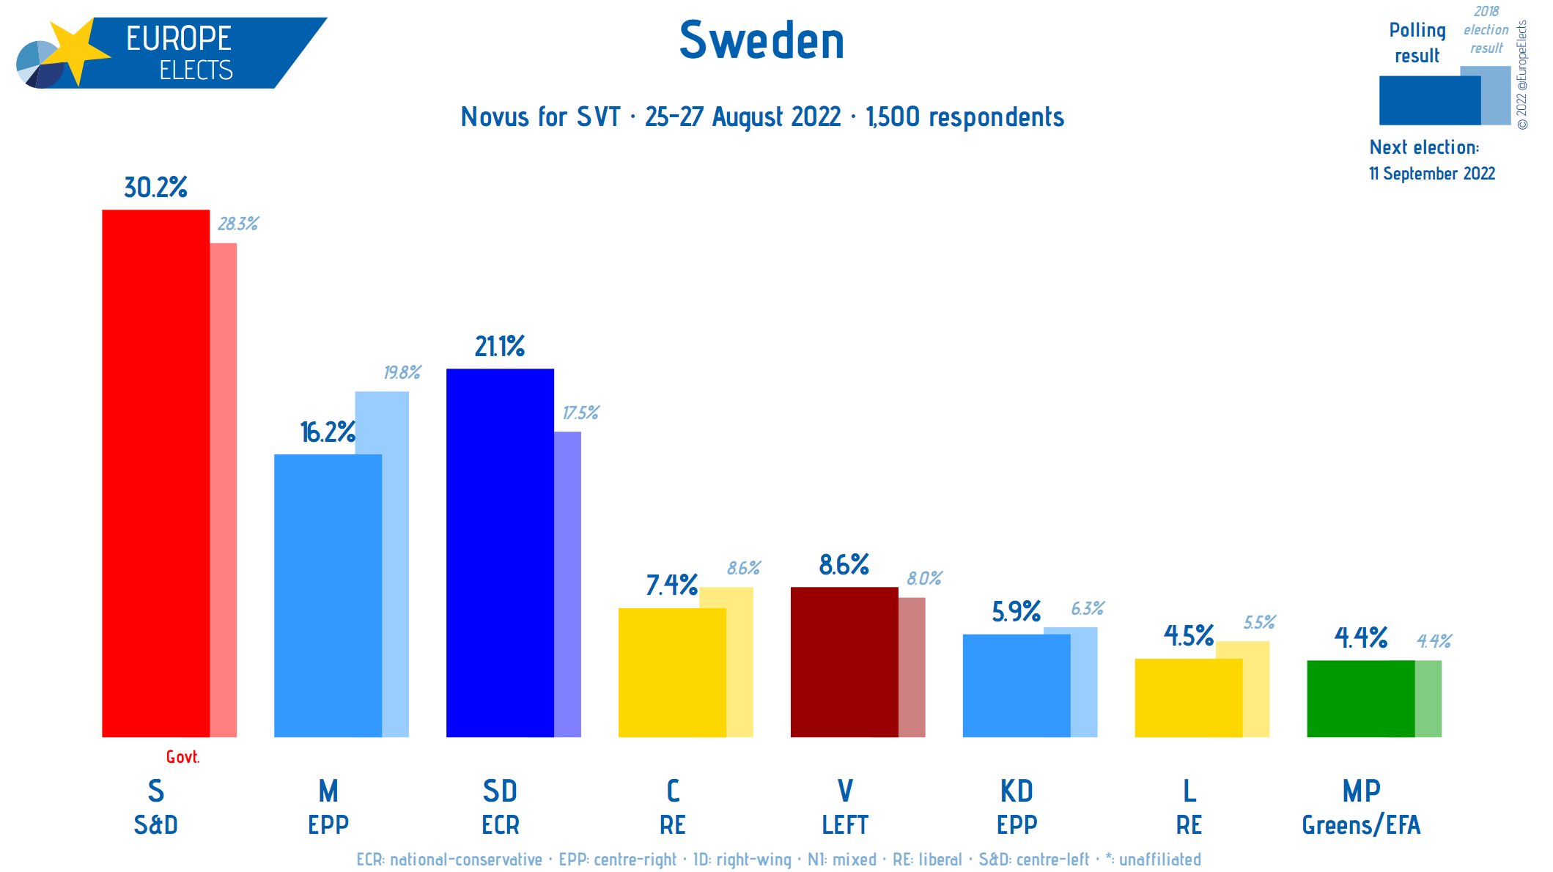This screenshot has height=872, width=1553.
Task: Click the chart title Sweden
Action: [761, 40]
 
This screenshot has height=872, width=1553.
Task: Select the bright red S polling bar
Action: [155, 473]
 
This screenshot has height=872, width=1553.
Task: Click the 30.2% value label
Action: [155, 188]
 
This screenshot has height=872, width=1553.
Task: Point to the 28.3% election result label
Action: [237, 223]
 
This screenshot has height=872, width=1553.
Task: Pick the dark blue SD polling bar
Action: [500, 553]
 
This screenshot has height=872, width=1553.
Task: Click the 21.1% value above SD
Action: [500, 346]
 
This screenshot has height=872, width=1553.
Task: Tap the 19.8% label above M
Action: [402, 372]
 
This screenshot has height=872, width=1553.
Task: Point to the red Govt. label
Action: [182, 757]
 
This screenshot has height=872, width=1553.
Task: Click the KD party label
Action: [1017, 791]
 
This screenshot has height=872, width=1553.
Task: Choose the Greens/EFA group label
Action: [1361, 825]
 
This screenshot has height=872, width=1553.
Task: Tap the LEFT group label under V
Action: [844, 825]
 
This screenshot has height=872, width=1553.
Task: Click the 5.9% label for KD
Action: [1017, 611]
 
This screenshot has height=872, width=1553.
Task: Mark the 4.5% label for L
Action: [1189, 635]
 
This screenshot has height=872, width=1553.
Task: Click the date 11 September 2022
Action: [1431, 174]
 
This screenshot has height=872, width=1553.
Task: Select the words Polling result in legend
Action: [1417, 43]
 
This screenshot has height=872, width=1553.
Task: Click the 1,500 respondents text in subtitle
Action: [964, 117]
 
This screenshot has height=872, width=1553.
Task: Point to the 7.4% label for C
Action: [671, 585]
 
